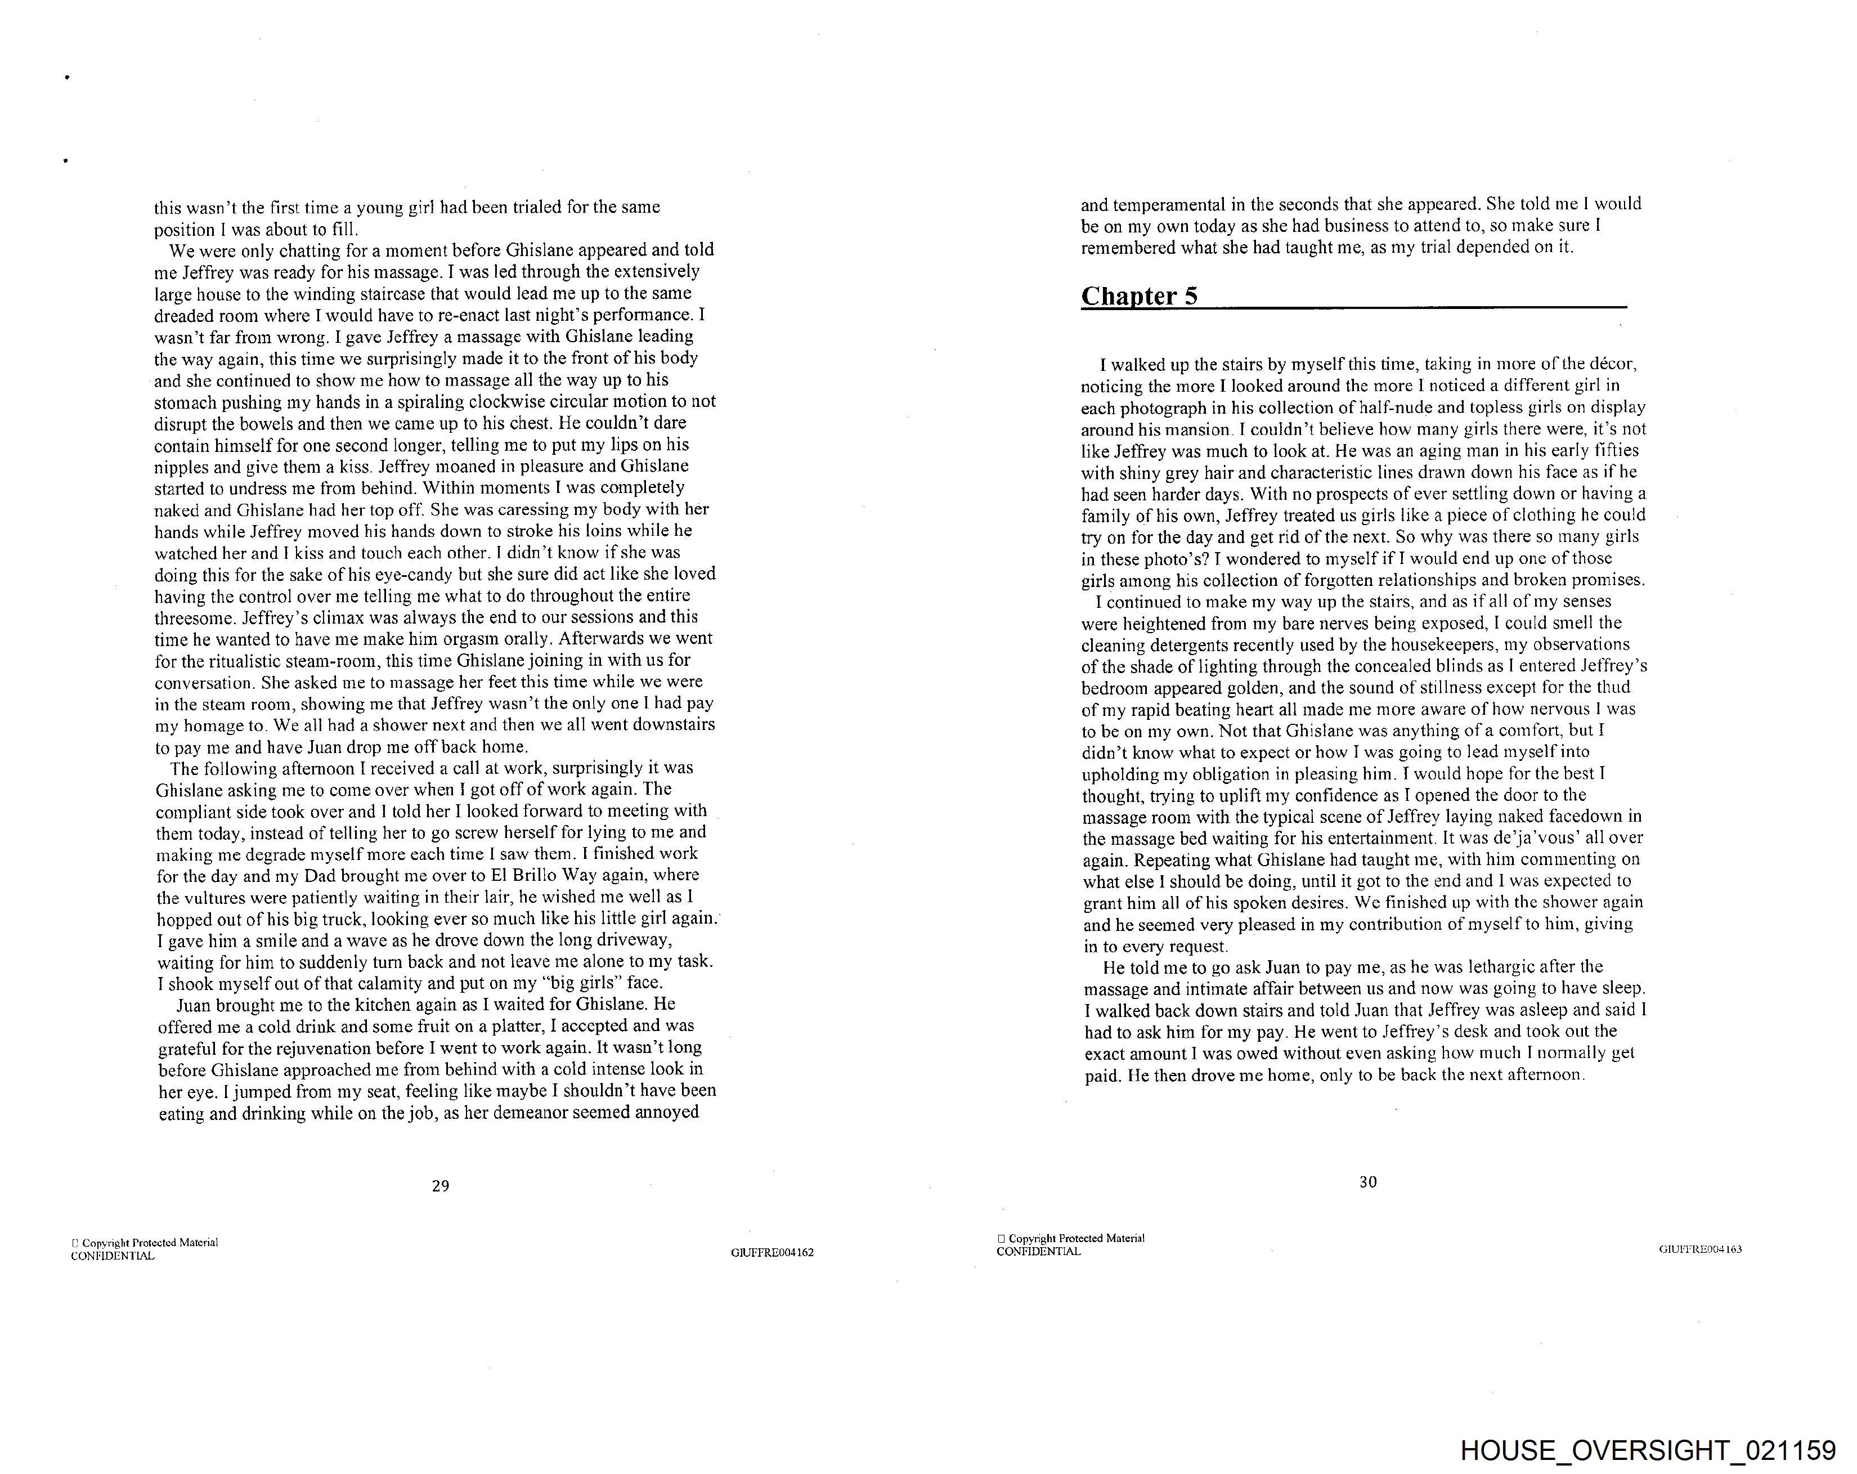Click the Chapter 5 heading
pyautogui.click(x=1138, y=297)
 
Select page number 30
pyautogui.click(x=1368, y=1182)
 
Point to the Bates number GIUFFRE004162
pyautogui.click(x=771, y=1253)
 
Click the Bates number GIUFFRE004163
pyautogui.click(x=1699, y=1249)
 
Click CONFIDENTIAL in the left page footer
pyautogui.click(x=113, y=1256)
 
